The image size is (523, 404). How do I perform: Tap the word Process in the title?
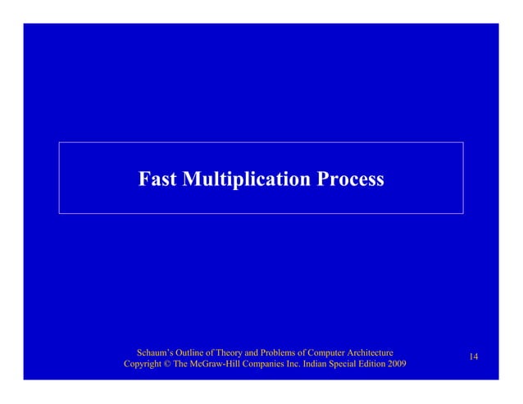tap(349, 179)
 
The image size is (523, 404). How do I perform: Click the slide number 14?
tap(474, 356)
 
